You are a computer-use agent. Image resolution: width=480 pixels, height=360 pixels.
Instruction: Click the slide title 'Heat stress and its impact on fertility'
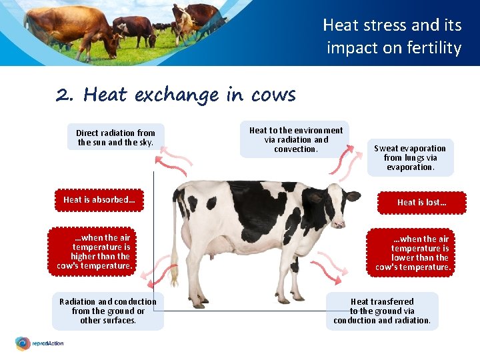coord(392,37)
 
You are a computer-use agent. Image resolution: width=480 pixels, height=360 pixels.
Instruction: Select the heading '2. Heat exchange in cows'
coord(176,95)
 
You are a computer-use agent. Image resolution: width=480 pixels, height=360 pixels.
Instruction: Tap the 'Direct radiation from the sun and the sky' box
coord(115,137)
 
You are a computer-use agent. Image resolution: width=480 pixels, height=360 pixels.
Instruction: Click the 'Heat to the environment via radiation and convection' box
coord(295,140)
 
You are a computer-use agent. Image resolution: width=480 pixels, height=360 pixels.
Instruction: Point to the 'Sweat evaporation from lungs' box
coord(410,158)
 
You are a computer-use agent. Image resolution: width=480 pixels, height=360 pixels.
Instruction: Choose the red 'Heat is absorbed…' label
coord(99,200)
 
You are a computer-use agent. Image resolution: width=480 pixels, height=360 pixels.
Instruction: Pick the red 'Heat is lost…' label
coord(421,202)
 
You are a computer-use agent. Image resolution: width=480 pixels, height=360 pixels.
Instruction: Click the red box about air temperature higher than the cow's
coord(95,251)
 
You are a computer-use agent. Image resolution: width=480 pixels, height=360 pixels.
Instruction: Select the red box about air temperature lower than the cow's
coord(413,253)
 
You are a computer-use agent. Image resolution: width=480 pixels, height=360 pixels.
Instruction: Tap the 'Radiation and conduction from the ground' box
coord(108,311)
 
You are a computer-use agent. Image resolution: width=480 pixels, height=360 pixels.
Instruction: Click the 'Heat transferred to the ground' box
coord(382,311)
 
